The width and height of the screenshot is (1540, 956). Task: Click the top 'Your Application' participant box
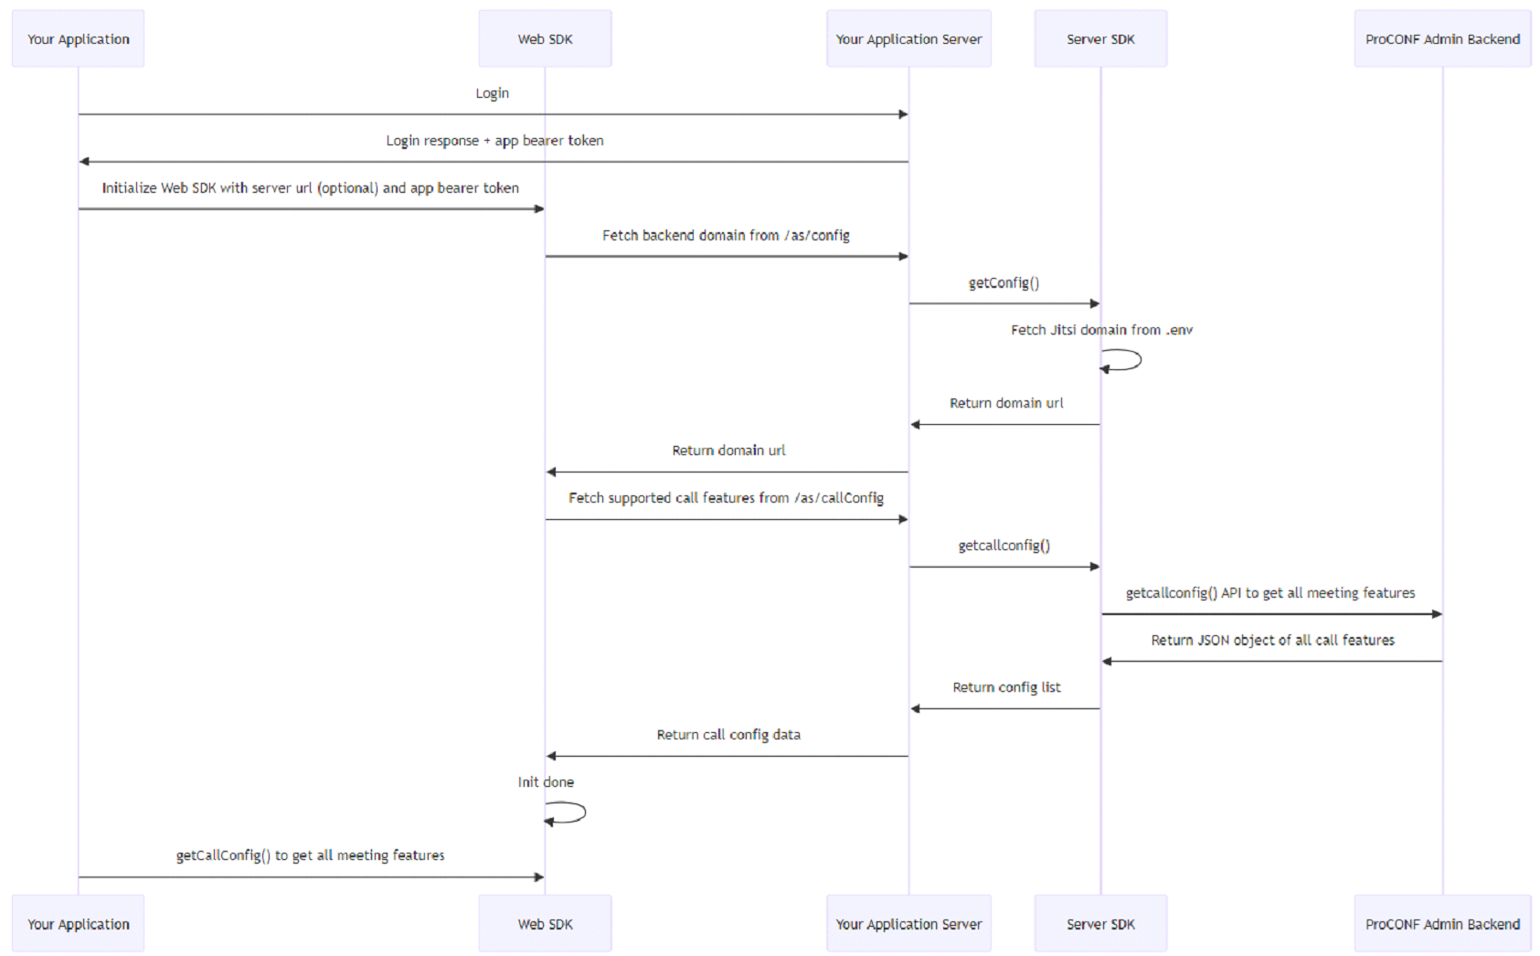coord(78,39)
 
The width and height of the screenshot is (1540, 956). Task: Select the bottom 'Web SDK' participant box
coord(545,924)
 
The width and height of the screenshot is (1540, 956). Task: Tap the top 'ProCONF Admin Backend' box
coord(1442,39)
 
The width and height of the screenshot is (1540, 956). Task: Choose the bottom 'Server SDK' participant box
coord(1100,924)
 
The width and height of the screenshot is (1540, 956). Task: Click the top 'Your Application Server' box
coord(908,39)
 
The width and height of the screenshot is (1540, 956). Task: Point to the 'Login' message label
coord(492,93)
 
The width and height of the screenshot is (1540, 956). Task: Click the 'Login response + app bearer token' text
coord(494,141)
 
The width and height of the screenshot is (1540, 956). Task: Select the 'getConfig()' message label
coord(1004,282)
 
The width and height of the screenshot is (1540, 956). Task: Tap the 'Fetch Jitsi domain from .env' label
coord(1101,330)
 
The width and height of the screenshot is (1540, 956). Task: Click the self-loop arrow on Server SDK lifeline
coord(1124,360)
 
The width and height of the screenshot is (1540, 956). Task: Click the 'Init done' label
coord(546,782)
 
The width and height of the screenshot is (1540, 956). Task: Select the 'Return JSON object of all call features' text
coord(1272,641)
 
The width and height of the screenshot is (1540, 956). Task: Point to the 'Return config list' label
coord(1006,687)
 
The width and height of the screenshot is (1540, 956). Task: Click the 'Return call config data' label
coord(728,735)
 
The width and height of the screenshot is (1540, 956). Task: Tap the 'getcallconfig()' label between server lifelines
coord(1004,546)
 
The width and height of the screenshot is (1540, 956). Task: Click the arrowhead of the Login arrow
coord(903,114)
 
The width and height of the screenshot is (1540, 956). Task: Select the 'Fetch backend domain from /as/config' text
coord(726,236)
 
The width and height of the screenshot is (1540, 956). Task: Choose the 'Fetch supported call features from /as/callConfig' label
coord(726,498)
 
